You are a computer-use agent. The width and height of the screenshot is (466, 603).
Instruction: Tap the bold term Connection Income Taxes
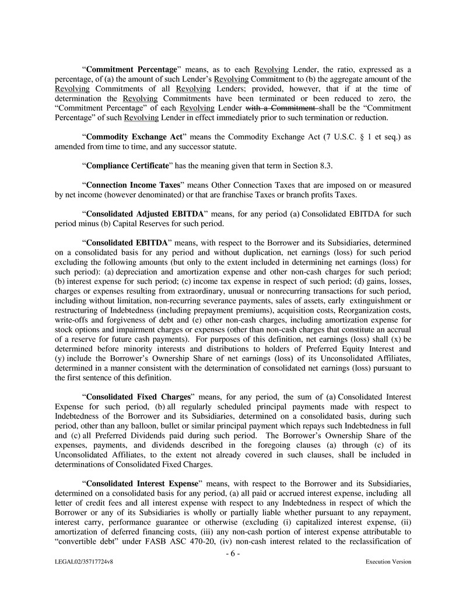128,185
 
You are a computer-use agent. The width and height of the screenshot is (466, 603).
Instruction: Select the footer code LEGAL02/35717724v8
81,562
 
